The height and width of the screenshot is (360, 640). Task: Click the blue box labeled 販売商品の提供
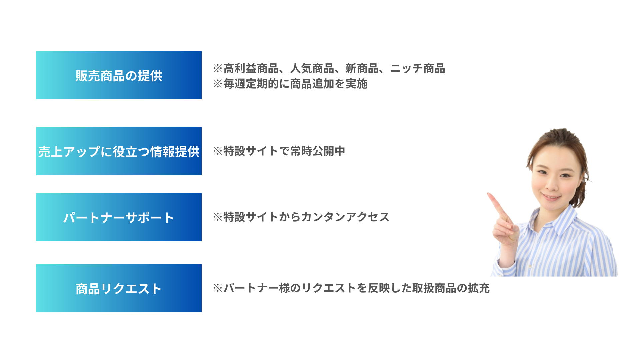pyautogui.click(x=119, y=75)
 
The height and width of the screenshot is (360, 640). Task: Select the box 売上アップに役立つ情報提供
pyautogui.click(x=119, y=151)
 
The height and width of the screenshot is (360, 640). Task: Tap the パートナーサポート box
pyautogui.click(x=119, y=217)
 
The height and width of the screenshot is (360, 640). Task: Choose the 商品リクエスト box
pyautogui.click(x=119, y=288)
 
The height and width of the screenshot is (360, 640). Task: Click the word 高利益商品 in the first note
pyautogui.click(x=251, y=69)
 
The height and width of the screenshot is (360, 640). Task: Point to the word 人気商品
pyautogui.click(x=312, y=69)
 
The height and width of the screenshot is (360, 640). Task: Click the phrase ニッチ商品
pyautogui.click(x=418, y=69)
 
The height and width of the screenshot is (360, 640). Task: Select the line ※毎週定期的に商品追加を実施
pyautogui.click(x=290, y=84)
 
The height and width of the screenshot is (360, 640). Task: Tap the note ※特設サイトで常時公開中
pyautogui.click(x=279, y=151)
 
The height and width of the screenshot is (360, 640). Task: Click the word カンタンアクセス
pyautogui.click(x=345, y=217)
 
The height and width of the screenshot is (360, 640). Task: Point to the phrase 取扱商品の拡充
pyautogui.click(x=451, y=288)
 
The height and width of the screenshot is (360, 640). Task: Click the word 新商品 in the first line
pyautogui.click(x=362, y=69)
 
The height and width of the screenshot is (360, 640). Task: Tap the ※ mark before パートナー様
pyautogui.click(x=218, y=288)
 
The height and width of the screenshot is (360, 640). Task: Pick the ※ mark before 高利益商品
pyautogui.click(x=218, y=69)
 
